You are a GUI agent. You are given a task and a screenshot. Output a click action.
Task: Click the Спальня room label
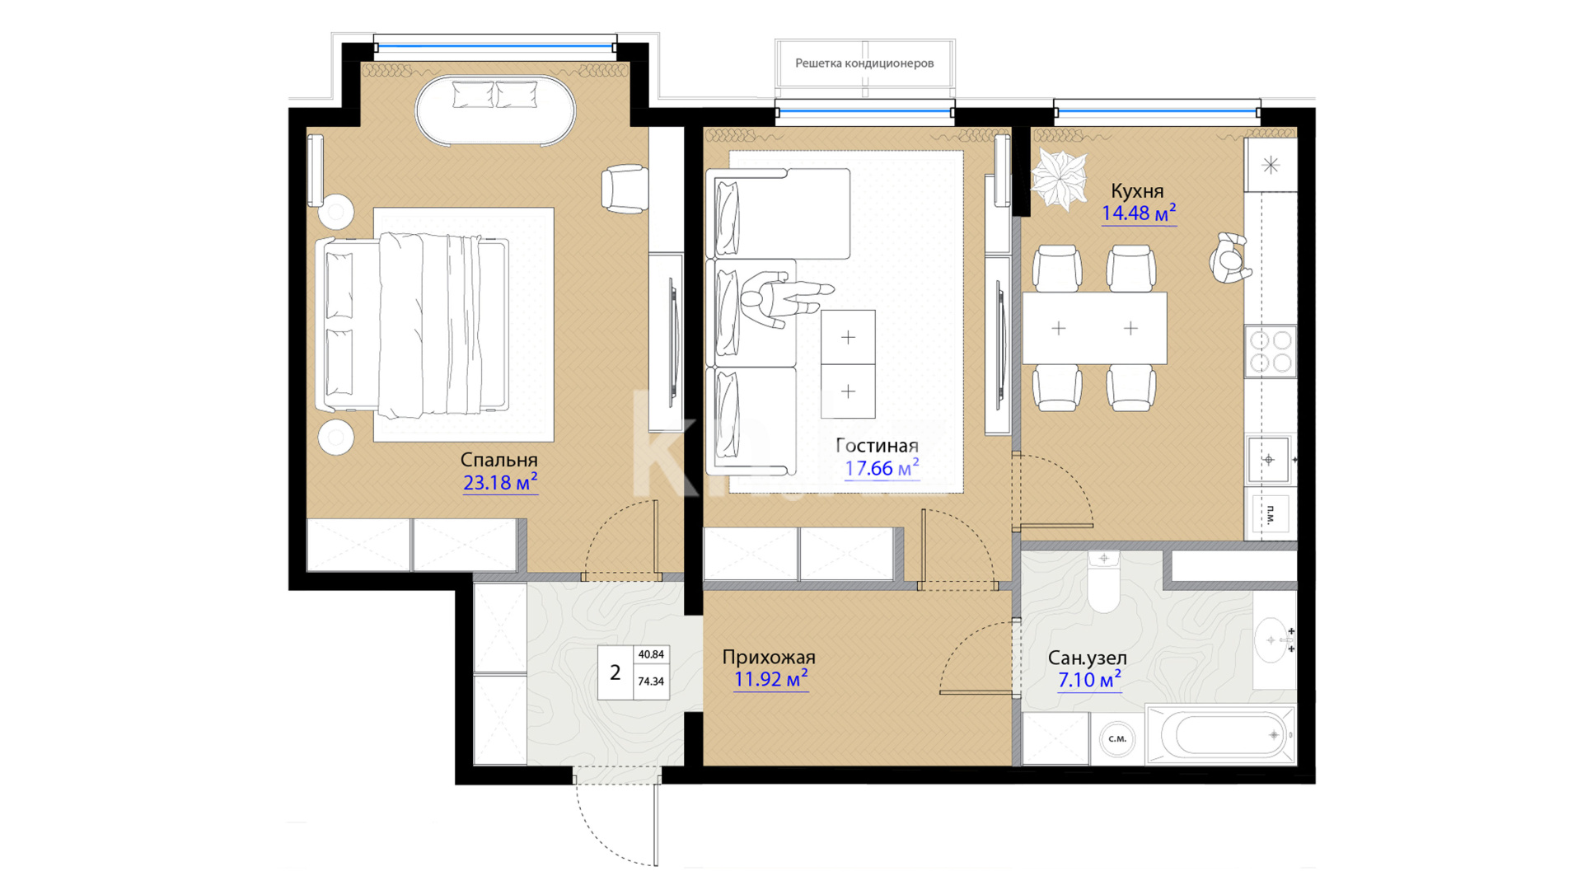click(x=498, y=460)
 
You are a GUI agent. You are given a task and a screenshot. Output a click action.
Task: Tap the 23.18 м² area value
click(x=500, y=482)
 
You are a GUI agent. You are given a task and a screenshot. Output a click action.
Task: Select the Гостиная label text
click(x=877, y=446)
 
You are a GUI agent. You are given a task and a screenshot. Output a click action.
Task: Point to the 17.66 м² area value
click(x=882, y=468)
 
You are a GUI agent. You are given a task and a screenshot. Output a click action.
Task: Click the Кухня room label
click(x=1137, y=191)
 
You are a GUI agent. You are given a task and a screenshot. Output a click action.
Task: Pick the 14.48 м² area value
click(x=1139, y=213)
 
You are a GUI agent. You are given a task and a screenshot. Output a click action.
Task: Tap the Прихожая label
click(x=769, y=657)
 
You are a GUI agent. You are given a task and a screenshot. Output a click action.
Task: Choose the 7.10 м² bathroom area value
click(x=1089, y=679)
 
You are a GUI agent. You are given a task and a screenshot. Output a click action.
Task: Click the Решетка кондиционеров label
click(x=864, y=63)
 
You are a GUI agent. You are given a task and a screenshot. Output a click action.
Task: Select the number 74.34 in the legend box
click(x=651, y=682)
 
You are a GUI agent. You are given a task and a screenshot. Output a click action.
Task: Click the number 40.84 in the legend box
click(x=651, y=655)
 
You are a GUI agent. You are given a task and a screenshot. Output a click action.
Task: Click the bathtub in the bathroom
click(x=1220, y=734)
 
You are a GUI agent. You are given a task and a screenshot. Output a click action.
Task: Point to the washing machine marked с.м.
click(x=1117, y=739)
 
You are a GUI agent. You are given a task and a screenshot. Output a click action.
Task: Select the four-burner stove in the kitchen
click(x=1270, y=351)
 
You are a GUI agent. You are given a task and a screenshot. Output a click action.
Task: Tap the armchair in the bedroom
click(x=624, y=189)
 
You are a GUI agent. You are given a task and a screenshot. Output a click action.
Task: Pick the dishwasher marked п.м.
click(x=1270, y=514)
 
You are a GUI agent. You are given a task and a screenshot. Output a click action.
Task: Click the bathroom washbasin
click(x=1274, y=640)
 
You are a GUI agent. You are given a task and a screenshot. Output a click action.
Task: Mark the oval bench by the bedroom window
click(x=495, y=111)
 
